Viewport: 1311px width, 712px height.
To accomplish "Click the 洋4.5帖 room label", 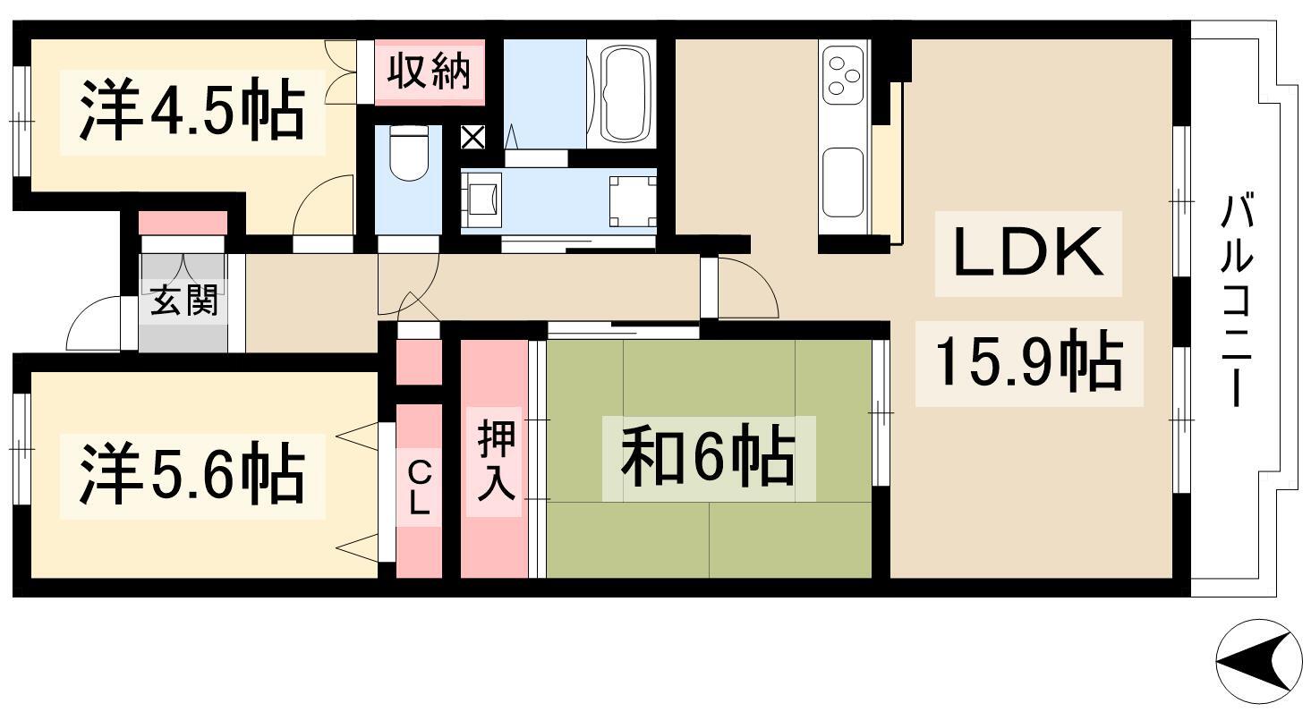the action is click(192, 111).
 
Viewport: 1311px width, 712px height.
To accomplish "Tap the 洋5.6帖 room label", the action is click(192, 474).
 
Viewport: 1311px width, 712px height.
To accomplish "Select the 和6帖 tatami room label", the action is click(708, 457).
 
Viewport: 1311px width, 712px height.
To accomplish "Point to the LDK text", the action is click(1027, 253).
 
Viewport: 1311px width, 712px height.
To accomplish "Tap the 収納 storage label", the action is click(429, 72).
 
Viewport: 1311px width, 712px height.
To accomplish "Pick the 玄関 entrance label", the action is click(183, 300).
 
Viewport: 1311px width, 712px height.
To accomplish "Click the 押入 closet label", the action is click(497, 462).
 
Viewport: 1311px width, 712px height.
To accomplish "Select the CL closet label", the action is click(418, 487).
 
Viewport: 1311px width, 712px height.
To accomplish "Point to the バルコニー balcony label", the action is click(1236, 301).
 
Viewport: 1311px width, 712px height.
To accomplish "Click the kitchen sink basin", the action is click(843, 182).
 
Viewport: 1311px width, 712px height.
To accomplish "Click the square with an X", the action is click(472, 138).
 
